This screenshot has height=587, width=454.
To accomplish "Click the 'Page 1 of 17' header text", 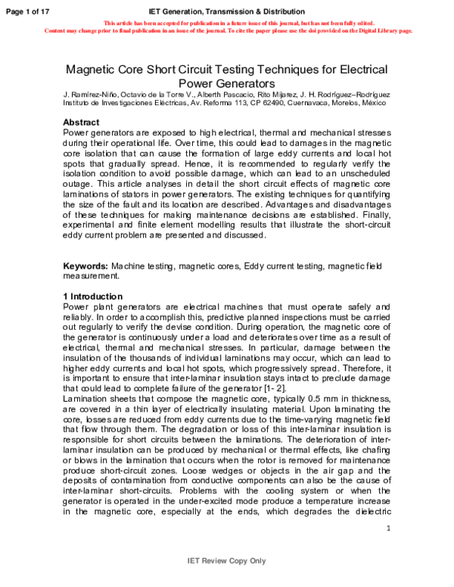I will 28,11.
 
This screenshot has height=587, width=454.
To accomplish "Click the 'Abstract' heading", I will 81,123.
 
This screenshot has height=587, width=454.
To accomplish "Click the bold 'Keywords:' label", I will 86,267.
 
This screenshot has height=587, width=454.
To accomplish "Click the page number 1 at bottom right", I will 387,529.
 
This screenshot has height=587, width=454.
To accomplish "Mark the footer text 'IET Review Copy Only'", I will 226,561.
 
